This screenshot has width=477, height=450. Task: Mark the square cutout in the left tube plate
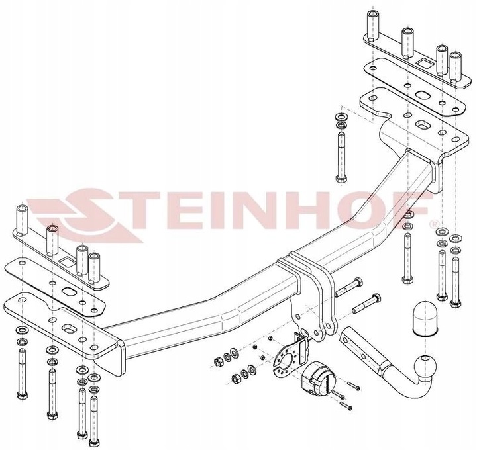[x=68, y=261]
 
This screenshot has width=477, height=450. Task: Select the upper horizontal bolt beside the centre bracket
[x=349, y=287]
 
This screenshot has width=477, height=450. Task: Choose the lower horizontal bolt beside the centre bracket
[x=366, y=303]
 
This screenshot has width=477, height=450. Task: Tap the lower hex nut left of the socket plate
[x=236, y=379]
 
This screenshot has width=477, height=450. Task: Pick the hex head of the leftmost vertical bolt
[x=23, y=395]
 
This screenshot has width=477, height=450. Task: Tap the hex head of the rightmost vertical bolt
[x=454, y=303]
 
